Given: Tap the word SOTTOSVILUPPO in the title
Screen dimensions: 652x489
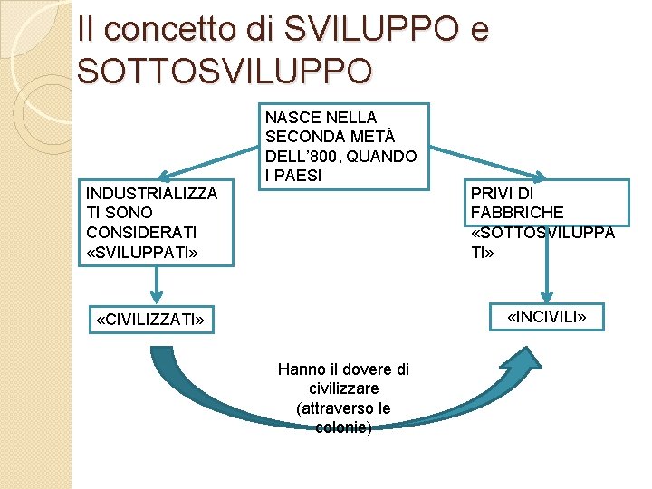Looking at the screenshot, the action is [224, 71].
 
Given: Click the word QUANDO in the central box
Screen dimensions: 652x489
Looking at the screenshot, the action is [384, 156].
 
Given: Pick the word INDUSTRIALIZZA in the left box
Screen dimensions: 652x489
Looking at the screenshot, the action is [150, 193].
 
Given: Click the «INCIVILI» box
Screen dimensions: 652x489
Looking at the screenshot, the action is [547, 317].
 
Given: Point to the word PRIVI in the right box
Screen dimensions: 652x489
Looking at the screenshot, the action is [491, 194].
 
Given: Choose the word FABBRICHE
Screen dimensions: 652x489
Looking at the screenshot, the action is [517, 213].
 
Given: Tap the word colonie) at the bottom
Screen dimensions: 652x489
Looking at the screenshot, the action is [343, 427].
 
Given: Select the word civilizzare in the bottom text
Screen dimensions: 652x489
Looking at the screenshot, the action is [343, 388].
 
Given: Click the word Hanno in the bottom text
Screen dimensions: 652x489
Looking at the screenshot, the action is [300, 369].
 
